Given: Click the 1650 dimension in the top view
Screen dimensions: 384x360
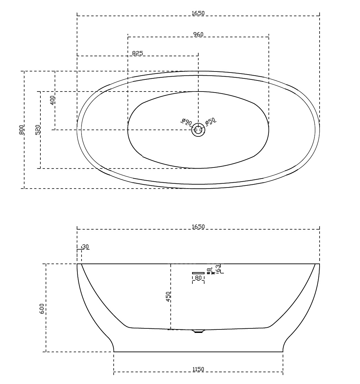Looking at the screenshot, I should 198,13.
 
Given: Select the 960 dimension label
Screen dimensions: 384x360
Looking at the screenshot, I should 198,34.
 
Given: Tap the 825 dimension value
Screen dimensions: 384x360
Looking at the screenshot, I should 138,53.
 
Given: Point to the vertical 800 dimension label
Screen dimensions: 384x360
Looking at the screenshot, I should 21,130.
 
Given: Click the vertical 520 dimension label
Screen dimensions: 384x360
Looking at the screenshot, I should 38,129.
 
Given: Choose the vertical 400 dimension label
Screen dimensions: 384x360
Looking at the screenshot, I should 52,100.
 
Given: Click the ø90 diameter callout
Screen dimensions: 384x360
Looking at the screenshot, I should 187,122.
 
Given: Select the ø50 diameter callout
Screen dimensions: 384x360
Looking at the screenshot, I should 210,122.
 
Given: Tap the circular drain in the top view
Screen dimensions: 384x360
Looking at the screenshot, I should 198,130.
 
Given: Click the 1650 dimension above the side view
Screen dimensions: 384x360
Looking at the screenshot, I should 198,227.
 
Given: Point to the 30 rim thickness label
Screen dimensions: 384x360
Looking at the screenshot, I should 86,247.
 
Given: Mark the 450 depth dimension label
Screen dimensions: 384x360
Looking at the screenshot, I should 168,297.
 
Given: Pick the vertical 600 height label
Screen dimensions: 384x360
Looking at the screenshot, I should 42,308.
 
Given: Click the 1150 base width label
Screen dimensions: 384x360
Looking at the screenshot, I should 198,369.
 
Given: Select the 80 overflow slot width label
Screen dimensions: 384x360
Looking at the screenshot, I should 198,278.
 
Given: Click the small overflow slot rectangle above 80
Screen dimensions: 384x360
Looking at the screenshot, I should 198,273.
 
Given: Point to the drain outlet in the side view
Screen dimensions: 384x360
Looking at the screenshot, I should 198,332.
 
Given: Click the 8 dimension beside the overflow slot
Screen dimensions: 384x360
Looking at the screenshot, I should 209,270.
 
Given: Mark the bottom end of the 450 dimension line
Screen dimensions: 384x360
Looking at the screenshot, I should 171,329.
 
